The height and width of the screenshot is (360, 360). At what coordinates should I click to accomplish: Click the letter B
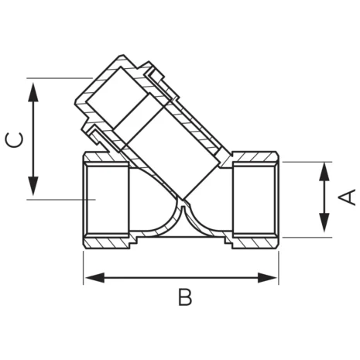click(183, 297)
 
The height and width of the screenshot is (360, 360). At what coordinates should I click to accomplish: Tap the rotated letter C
click(13, 139)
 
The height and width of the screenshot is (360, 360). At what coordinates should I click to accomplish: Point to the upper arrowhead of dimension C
click(33, 87)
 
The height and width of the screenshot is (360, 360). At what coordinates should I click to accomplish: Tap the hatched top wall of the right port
click(255, 155)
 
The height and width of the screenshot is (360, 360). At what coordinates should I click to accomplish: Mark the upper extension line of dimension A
click(306, 162)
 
